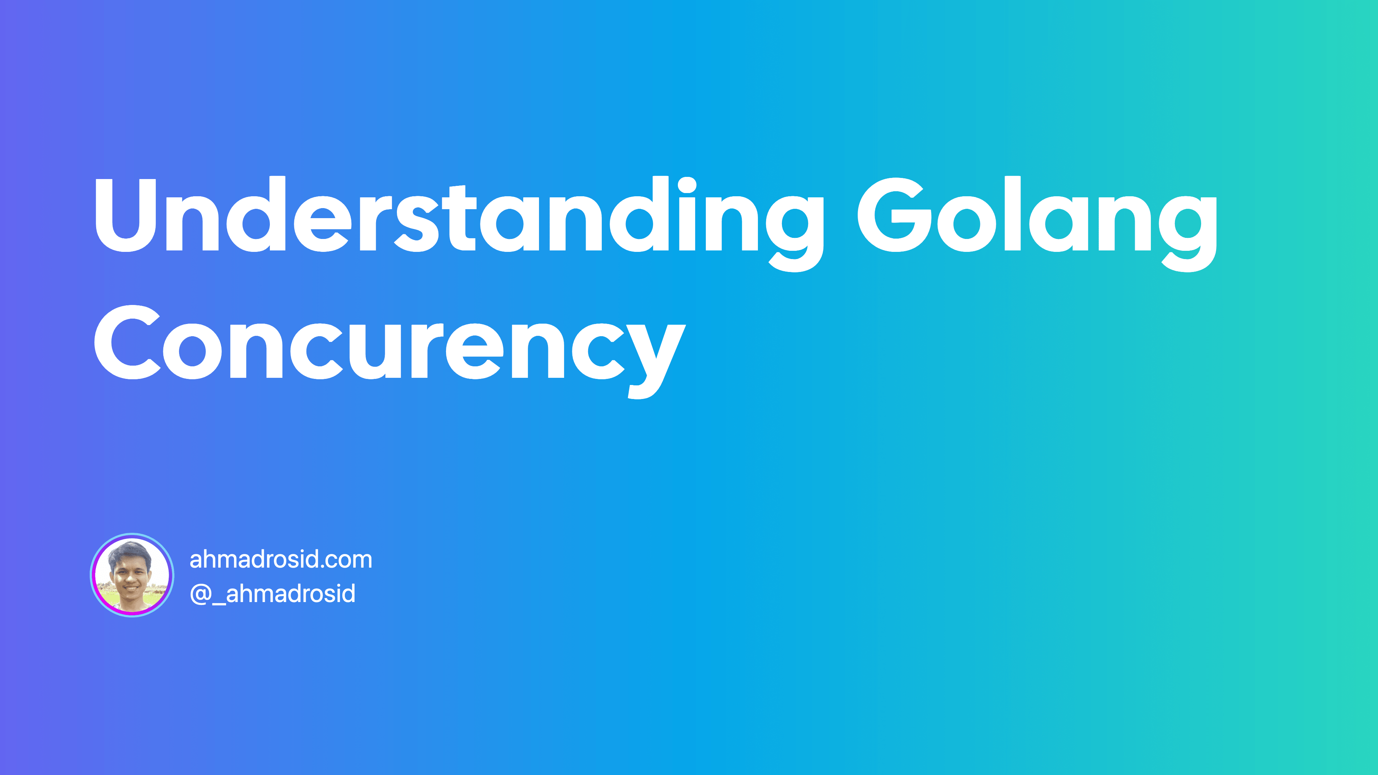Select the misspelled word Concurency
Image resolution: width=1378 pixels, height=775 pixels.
click(x=389, y=345)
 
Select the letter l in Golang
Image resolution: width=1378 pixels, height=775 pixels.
click(x=1013, y=214)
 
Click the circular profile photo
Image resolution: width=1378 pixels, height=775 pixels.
click(x=132, y=575)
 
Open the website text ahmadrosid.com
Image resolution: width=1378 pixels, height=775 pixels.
click(x=281, y=559)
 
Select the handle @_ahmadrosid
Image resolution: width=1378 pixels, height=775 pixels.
click(x=273, y=594)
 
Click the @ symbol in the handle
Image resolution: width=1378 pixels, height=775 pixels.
click(x=201, y=594)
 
